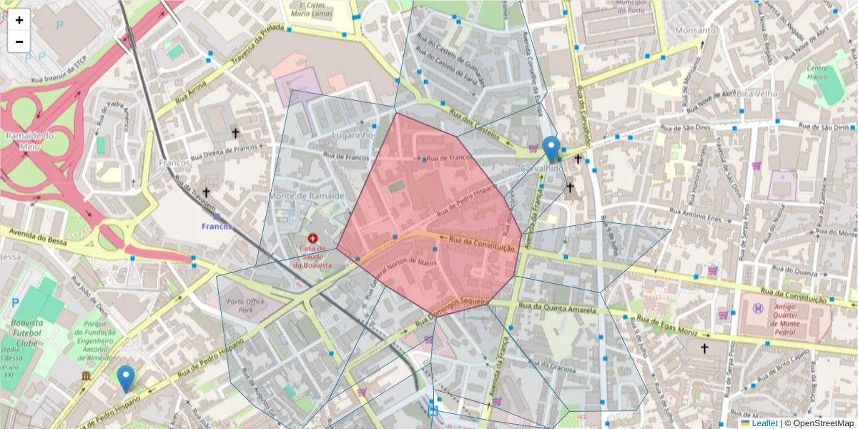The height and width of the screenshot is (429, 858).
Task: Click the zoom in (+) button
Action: (19, 20)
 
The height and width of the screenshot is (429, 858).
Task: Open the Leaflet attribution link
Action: (764, 423)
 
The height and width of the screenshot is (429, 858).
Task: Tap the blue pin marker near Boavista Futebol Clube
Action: (126, 378)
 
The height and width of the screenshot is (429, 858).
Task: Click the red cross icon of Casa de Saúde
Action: (312, 238)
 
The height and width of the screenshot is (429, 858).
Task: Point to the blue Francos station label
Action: (217, 226)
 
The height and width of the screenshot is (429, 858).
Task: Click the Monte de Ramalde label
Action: (307, 195)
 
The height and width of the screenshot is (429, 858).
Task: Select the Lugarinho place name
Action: (353, 134)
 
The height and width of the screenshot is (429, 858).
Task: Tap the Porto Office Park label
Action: (246, 306)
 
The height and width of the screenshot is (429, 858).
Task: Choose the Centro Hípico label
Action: (817, 71)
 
